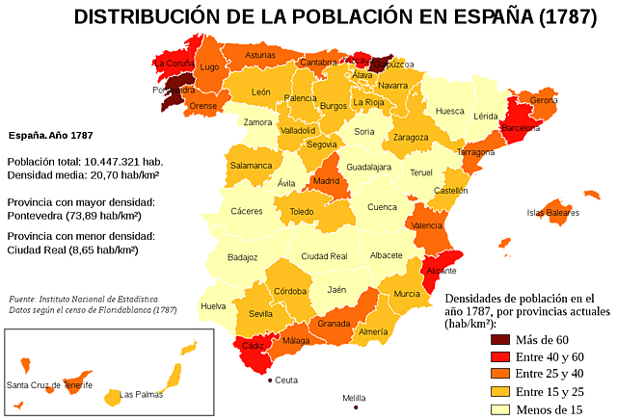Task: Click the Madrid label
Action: [x=325, y=181]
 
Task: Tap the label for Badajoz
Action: [x=242, y=257]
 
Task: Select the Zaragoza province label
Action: [x=410, y=138]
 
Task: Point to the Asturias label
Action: [x=259, y=56]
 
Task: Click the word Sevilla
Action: [x=260, y=314]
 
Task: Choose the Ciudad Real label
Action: [x=324, y=256]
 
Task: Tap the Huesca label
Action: [x=449, y=111]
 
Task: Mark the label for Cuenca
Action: [x=382, y=207]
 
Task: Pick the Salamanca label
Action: [x=251, y=166]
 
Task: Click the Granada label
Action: [x=334, y=324]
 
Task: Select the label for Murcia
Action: [x=406, y=294]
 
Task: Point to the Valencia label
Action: [x=427, y=225]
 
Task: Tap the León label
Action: [x=260, y=92]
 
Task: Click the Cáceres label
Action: [x=246, y=211]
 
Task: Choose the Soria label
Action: [x=363, y=131]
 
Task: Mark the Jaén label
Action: [x=336, y=290]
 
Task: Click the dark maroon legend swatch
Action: [x=500, y=339]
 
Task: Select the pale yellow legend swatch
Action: [x=500, y=409]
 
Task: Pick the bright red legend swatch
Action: [x=500, y=357]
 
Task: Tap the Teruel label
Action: [x=421, y=172]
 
